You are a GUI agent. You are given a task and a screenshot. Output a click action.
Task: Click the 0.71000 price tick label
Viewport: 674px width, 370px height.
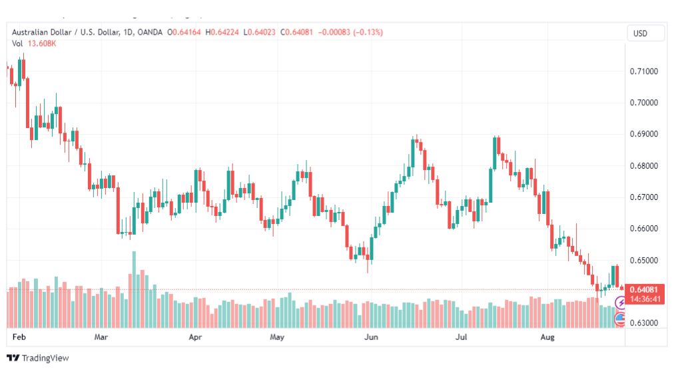(x=643, y=71)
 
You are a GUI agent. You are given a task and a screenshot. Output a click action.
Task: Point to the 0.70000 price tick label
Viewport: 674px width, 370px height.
(x=643, y=103)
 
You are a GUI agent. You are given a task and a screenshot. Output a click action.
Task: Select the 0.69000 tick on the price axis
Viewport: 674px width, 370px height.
(x=643, y=134)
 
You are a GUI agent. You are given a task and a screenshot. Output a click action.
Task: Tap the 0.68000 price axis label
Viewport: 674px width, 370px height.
(x=643, y=166)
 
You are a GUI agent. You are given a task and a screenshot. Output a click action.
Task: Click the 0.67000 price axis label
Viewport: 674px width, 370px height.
(x=643, y=197)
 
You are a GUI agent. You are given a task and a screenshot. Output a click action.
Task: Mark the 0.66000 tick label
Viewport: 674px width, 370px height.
(x=643, y=229)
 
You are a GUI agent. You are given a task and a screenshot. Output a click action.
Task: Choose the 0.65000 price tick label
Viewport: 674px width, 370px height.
(x=643, y=260)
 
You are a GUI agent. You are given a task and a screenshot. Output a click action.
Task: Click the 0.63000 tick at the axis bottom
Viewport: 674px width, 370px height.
(x=643, y=323)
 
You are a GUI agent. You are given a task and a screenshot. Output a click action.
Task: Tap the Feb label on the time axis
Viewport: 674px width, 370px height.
(x=19, y=337)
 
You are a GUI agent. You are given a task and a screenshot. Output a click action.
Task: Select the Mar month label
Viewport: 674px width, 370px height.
(x=101, y=337)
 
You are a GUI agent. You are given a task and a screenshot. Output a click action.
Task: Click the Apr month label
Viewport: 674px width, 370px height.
(x=195, y=337)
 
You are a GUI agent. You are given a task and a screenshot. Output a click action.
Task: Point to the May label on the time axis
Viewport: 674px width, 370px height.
(x=277, y=337)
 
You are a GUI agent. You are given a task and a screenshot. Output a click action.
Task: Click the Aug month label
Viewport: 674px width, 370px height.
(x=547, y=337)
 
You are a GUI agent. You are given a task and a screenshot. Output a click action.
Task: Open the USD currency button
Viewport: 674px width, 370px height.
(x=640, y=33)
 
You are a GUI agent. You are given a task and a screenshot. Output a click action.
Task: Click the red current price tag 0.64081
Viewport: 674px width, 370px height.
(x=643, y=289)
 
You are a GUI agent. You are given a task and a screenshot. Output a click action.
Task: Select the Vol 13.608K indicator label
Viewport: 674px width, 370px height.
(x=34, y=43)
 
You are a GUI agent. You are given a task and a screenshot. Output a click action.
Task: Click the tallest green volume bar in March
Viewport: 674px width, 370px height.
(x=134, y=289)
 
